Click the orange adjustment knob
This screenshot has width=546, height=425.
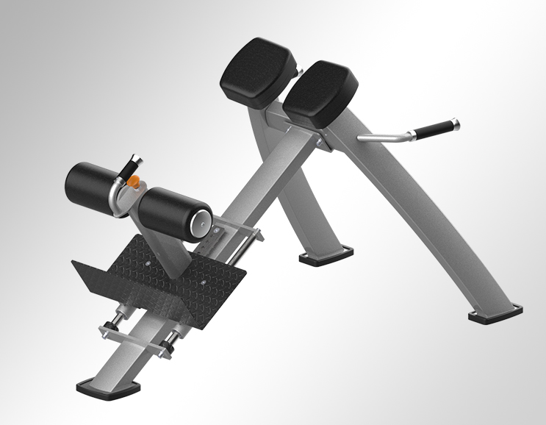pyautogui.click(x=134, y=180)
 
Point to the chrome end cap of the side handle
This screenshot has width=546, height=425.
pyautogui.click(x=456, y=121)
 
